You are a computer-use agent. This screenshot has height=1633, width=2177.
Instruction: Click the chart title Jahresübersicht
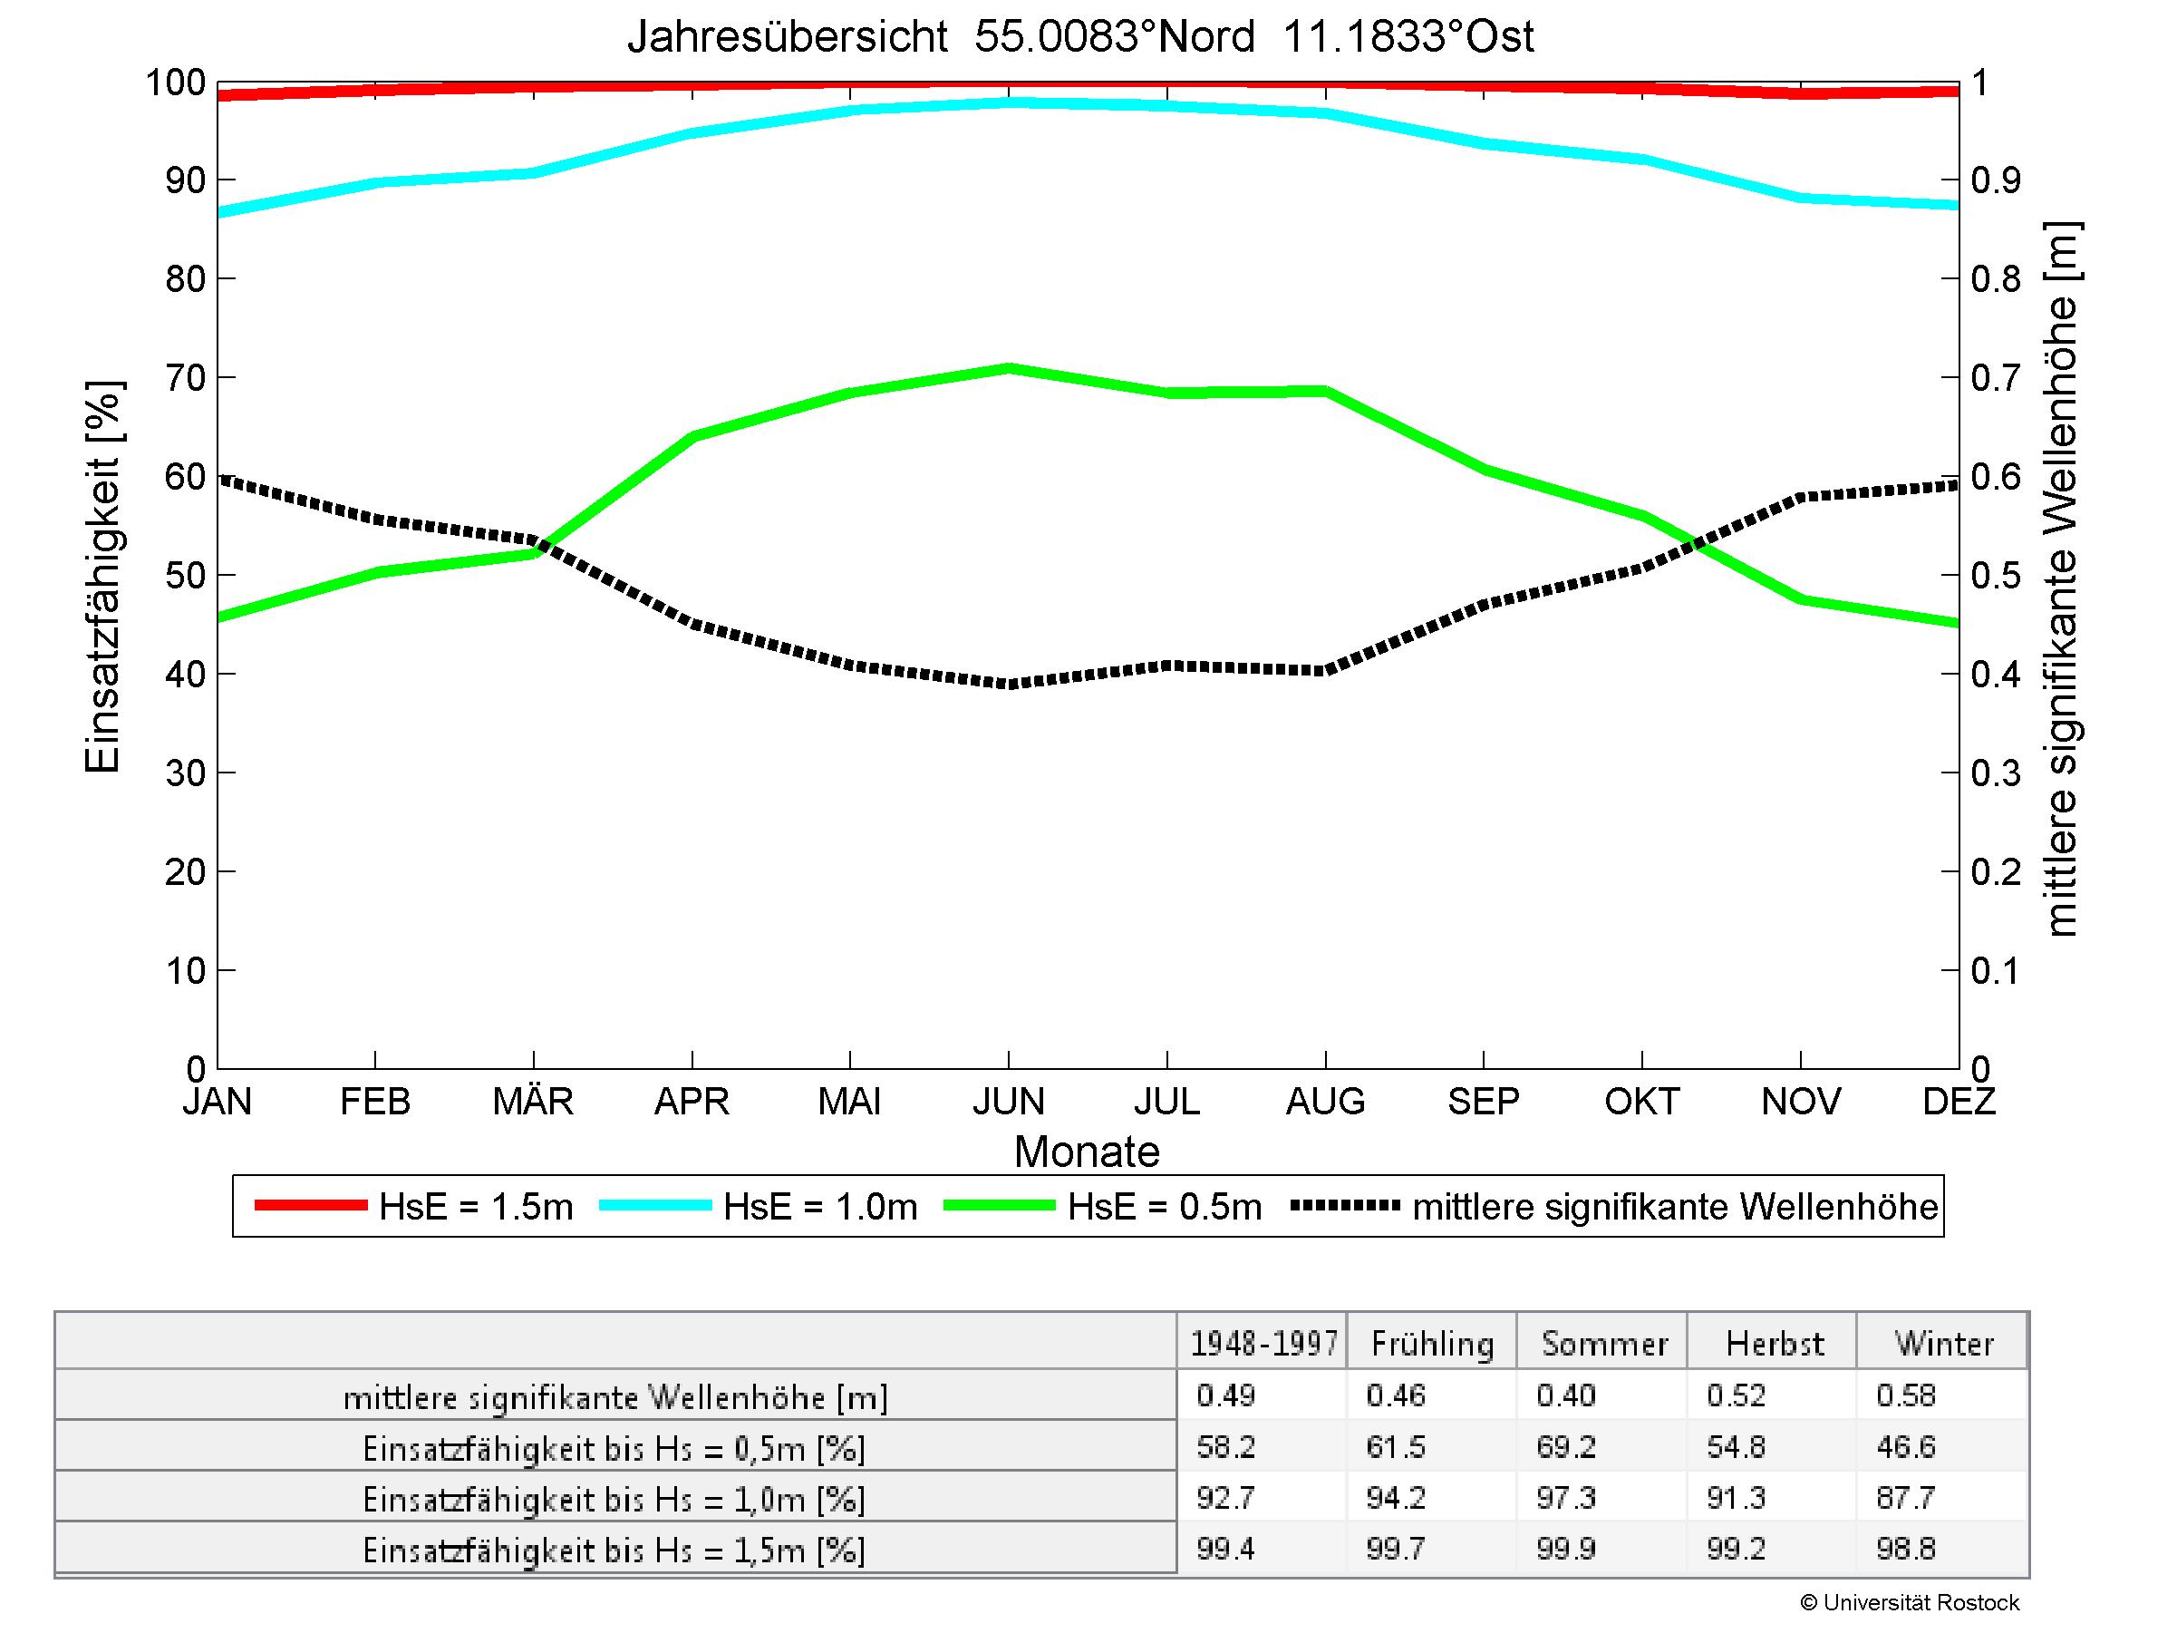point(1079,37)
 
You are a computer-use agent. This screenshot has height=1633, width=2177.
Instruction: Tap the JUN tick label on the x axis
point(1008,1101)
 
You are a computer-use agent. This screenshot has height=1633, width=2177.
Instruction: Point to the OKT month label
point(1641,1101)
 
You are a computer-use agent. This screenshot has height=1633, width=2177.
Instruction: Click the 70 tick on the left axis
point(185,378)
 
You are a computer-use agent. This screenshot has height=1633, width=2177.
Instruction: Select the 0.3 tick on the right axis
point(1996,773)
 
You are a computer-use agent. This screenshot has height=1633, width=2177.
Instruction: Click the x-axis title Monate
point(1087,1152)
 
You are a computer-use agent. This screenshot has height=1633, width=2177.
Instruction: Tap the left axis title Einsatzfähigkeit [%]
point(102,577)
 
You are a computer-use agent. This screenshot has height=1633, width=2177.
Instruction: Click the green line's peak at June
point(1009,368)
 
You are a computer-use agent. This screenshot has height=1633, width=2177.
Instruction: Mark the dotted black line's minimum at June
point(1009,683)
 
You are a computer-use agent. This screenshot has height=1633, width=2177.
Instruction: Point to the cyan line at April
point(692,133)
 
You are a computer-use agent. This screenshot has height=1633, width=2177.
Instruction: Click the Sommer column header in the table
point(1604,1344)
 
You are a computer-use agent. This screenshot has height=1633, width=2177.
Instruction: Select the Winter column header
point(1944,1344)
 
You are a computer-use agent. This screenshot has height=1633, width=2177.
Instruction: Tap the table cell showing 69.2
point(1566,1447)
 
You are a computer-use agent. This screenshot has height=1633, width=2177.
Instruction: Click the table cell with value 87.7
point(1905,1498)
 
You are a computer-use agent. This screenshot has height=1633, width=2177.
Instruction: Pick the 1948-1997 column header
point(1263,1344)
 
